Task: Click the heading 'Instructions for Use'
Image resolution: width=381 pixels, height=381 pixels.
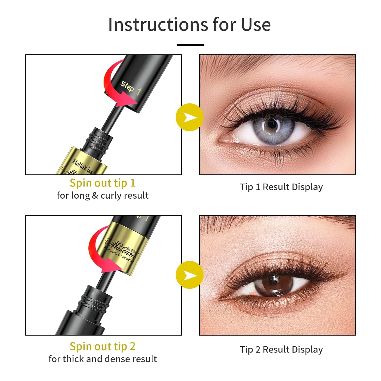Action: [x=189, y=25]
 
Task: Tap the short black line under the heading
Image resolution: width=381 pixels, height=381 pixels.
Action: [x=190, y=45]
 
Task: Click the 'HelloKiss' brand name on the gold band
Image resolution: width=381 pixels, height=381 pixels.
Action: [x=83, y=166]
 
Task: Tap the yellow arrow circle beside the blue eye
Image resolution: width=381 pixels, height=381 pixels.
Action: [x=189, y=117]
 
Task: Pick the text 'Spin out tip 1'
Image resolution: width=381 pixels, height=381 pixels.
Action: [x=103, y=183]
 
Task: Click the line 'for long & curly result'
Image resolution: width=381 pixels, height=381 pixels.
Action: [x=103, y=195]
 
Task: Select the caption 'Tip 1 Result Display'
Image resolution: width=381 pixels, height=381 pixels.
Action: [x=281, y=187]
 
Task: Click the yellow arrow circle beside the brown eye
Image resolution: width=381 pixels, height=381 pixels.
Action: [x=189, y=275]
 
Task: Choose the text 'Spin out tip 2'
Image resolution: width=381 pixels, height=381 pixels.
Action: [x=103, y=346]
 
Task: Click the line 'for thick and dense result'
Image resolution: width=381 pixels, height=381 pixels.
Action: [x=103, y=359]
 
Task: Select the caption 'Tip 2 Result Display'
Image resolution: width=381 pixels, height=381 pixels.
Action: [x=281, y=349]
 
